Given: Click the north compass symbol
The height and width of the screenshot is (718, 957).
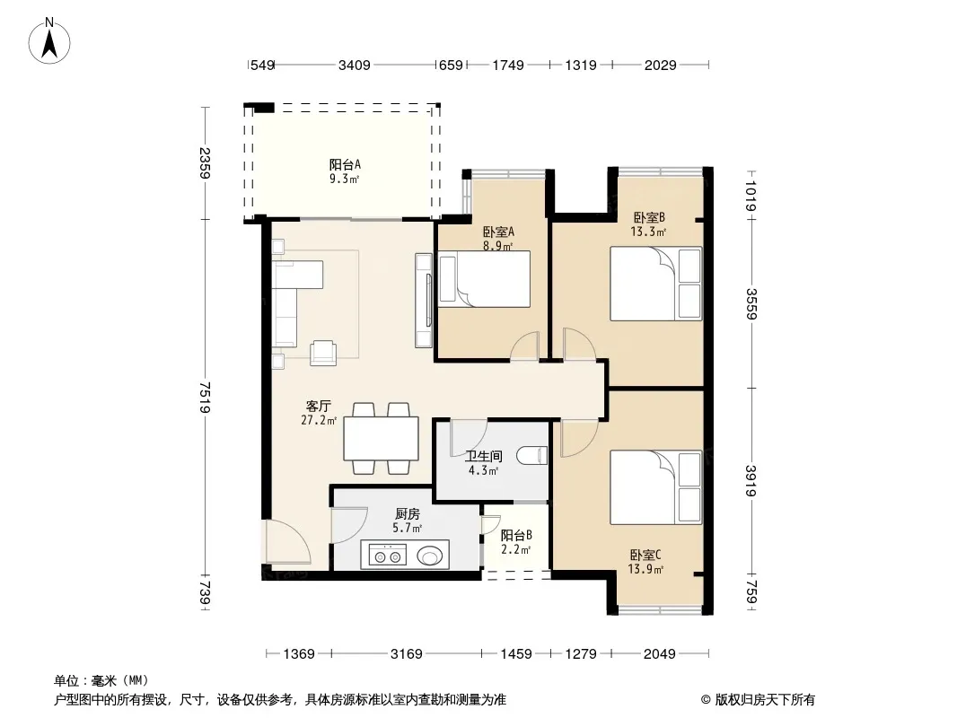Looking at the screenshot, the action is [x=49, y=40].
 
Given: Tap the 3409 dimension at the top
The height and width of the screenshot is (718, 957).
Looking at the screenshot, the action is [x=355, y=65].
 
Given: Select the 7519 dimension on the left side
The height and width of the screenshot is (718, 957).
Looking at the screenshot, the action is [x=205, y=397].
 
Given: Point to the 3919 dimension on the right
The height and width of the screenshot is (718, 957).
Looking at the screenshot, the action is [x=751, y=481].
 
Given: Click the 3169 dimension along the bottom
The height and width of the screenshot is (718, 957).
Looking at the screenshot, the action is [x=407, y=654].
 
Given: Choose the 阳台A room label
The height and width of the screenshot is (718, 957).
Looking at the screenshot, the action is [x=345, y=165].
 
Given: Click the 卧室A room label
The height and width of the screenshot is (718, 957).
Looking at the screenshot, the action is [x=498, y=232].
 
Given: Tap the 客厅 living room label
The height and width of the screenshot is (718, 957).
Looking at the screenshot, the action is [x=319, y=407].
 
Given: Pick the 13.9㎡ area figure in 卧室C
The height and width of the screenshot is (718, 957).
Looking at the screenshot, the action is [x=645, y=569].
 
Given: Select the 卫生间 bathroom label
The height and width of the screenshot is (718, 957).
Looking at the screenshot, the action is [x=483, y=456].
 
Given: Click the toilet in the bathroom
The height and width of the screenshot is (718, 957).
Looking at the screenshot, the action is [x=531, y=455].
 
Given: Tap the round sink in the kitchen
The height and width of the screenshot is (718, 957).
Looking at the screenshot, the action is [x=430, y=556].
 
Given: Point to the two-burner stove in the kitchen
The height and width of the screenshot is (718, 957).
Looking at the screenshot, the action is [x=388, y=556].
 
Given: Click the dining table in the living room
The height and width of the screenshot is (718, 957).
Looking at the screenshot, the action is [x=381, y=438].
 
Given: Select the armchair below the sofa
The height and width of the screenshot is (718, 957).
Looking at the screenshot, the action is [x=323, y=353].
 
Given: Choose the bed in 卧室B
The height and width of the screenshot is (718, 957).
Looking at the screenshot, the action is [x=656, y=283].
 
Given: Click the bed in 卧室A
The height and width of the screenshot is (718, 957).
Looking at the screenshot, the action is [x=484, y=279].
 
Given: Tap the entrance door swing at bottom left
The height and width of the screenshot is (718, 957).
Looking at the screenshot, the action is [x=287, y=542].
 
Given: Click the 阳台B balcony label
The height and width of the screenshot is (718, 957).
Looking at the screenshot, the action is [x=516, y=536].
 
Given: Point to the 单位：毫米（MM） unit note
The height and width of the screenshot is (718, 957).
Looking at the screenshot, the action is [x=101, y=680].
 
